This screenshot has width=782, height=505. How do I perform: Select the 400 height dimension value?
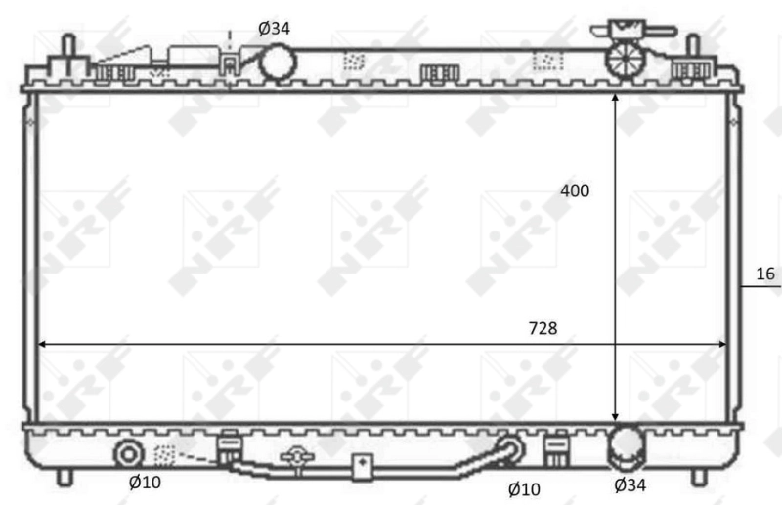576,190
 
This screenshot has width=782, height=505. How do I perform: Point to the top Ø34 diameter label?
274,28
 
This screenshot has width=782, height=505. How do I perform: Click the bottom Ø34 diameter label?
630,483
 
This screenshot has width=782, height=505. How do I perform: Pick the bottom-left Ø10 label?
145,482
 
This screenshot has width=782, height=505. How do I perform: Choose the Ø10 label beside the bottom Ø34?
524,487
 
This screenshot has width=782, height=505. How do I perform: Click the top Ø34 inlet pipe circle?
277,63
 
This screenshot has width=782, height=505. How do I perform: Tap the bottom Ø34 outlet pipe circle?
627,448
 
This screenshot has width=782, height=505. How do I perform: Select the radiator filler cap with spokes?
623,60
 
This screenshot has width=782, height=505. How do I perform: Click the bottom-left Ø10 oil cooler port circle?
128,453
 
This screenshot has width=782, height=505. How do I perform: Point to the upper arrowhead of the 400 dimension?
615,100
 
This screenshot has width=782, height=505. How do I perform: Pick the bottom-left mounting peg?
65,477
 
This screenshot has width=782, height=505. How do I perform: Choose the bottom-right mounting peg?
698,477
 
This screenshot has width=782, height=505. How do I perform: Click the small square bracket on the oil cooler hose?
362,464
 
